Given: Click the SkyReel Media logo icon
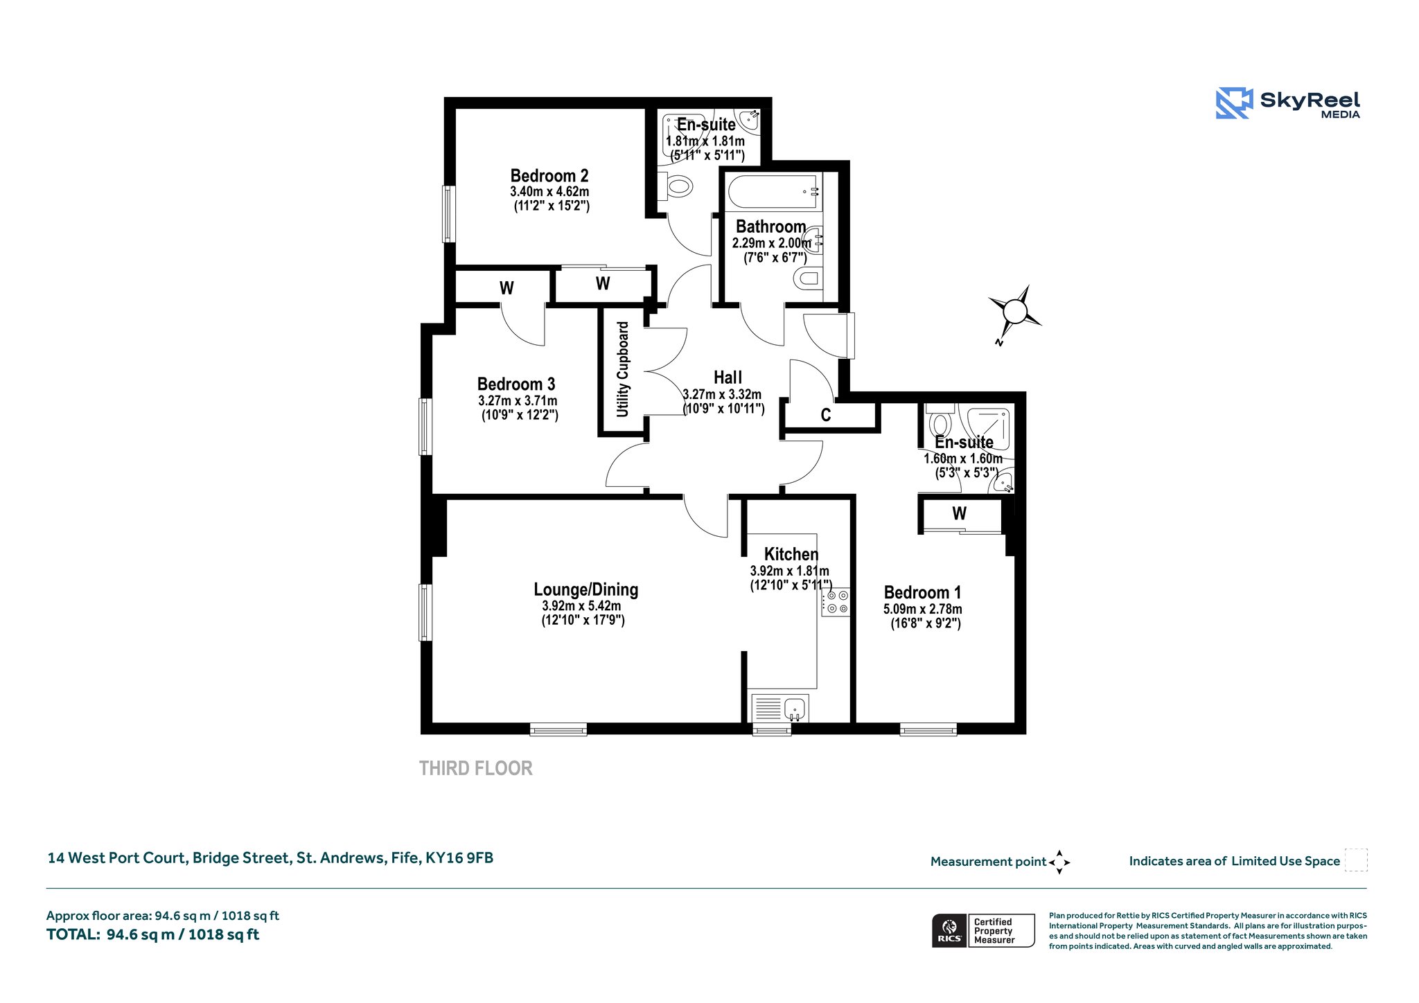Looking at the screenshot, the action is [x=1234, y=103].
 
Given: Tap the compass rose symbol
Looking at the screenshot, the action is [x=1015, y=312].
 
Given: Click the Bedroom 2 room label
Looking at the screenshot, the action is [x=549, y=176].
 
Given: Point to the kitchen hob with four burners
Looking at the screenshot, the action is [x=836, y=602].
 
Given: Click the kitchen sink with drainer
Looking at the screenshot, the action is [x=780, y=709].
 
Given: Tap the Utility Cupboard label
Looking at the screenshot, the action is [x=623, y=369].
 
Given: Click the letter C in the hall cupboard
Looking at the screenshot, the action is [x=826, y=415].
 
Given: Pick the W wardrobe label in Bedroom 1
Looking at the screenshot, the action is [x=960, y=513].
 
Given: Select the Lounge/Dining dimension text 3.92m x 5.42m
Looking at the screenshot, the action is [x=582, y=605].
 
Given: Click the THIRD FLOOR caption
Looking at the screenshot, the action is [x=476, y=768].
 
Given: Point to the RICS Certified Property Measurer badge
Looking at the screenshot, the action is [x=983, y=930].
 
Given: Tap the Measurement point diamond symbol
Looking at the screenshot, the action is [x=1059, y=862].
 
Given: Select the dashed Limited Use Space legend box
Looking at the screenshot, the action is [x=1356, y=860].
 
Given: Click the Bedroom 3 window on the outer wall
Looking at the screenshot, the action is [x=425, y=426].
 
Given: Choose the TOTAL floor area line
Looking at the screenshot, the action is [x=152, y=934].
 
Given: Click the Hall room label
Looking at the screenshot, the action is [x=728, y=378].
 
